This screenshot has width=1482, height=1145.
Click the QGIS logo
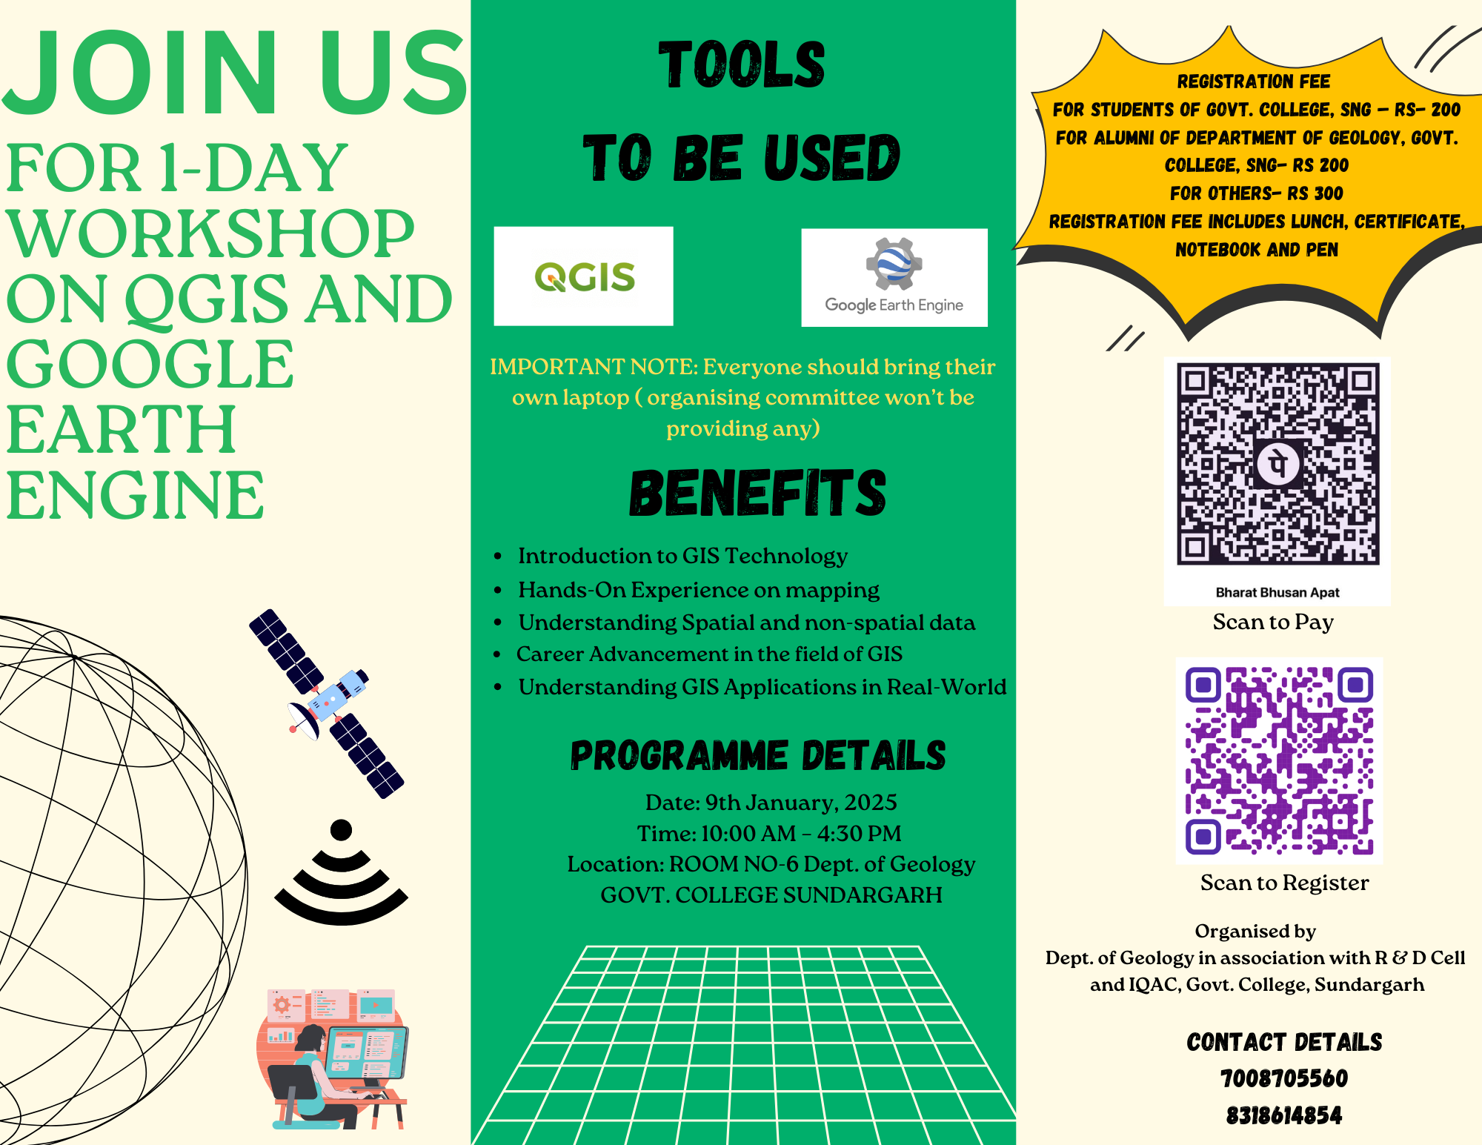coord(585,277)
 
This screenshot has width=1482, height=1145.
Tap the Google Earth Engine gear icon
coord(894,264)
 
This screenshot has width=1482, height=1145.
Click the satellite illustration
coord(327,703)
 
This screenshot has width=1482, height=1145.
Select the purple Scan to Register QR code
coord(1279,760)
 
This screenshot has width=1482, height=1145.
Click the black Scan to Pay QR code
coord(1278,464)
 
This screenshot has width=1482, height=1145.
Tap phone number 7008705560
coord(1284,1078)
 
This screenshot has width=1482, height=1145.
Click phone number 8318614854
coord(1284,1115)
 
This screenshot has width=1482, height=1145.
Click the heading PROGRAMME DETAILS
coord(758,756)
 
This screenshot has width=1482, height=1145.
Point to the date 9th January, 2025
coord(801,803)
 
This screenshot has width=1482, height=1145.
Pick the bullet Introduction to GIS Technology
coord(682,556)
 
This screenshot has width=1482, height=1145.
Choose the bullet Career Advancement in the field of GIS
coord(709,654)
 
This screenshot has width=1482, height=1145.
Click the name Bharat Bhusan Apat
coord(1277,592)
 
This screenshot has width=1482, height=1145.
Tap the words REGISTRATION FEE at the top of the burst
coord(1254,82)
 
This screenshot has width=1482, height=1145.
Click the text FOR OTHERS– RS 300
coord(1257,193)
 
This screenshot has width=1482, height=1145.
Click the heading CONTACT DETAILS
coord(1284,1042)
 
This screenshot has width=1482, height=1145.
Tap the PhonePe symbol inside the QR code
coord(1278,465)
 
